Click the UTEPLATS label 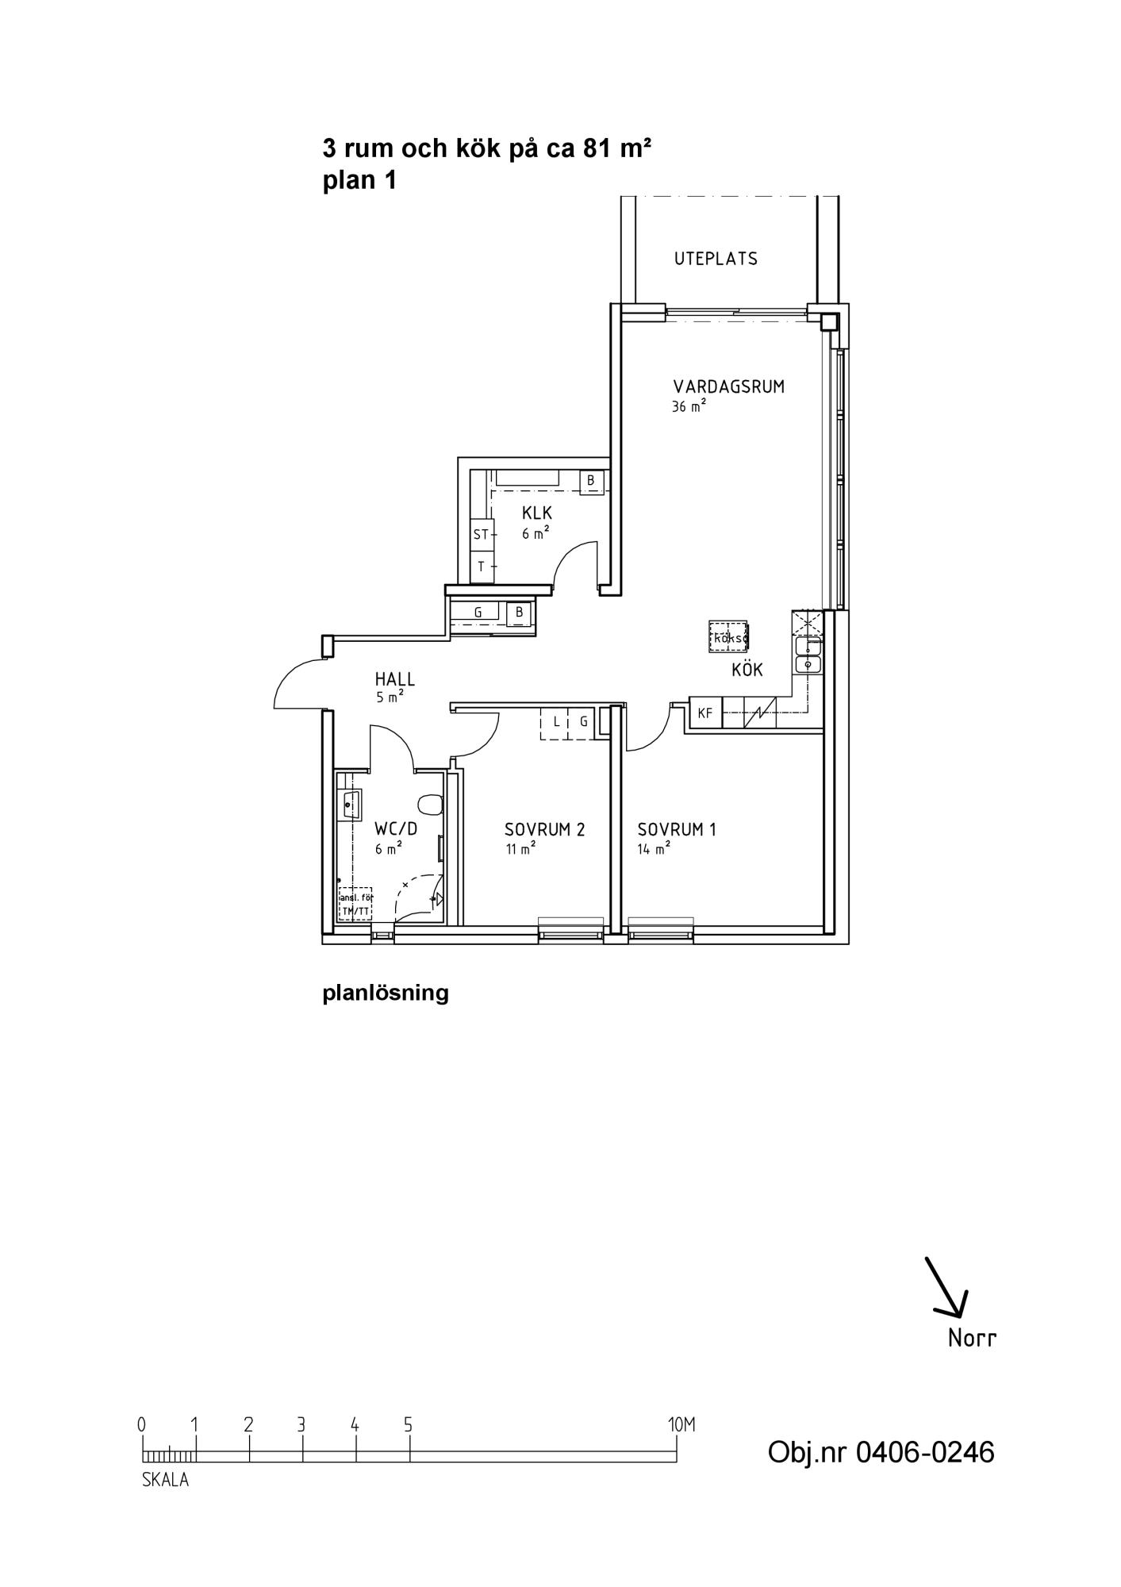[716, 259]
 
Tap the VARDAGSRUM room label [728, 387]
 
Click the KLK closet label [537, 513]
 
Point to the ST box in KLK [482, 535]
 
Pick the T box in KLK [482, 567]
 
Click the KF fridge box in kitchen [705, 713]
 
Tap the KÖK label [747, 671]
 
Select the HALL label [395, 680]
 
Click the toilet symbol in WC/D [430, 804]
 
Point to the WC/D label [396, 829]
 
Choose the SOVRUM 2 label [545, 830]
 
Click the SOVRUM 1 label [677, 830]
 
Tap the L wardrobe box [556, 722]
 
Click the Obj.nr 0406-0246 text [881, 1452]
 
